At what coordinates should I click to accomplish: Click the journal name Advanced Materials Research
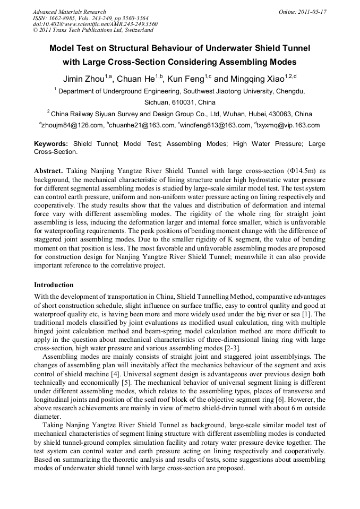70,12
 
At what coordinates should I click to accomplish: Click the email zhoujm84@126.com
72,126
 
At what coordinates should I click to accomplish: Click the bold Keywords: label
51,144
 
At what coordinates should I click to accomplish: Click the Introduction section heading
54,285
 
